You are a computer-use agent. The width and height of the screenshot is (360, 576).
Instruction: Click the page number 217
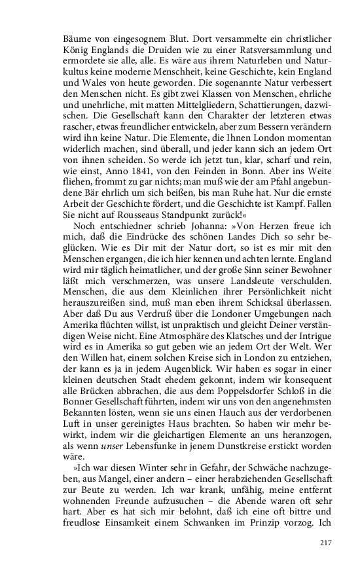[327, 543]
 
